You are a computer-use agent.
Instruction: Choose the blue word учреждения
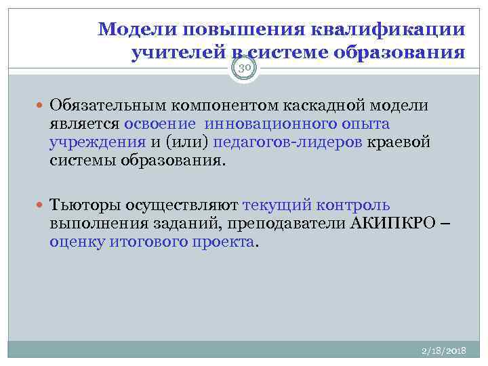point(97,142)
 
